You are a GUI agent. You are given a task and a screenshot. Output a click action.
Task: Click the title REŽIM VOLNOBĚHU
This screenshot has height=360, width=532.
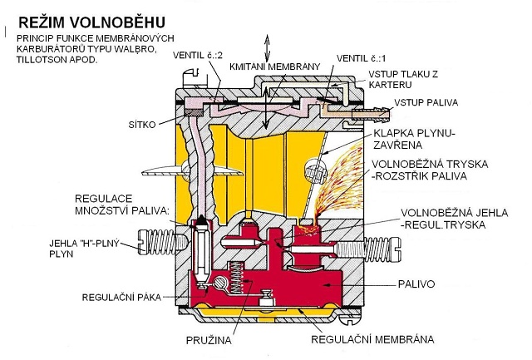pyautogui.click(x=92, y=22)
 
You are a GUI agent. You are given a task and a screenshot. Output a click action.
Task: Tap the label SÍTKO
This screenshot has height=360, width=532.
pyautogui.click(x=142, y=125)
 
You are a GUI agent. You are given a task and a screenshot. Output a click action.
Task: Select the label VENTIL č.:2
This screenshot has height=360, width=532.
pyautogui.click(x=198, y=56)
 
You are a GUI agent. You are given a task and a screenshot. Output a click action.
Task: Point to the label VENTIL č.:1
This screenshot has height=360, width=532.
pyautogui.click(x=361, y=58)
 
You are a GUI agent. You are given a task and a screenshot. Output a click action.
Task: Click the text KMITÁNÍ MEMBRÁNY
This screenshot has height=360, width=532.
pyautogui.click(x=275, y=67)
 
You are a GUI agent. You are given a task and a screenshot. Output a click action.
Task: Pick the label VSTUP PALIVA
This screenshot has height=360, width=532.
pyautogui.click(x=426, y=102)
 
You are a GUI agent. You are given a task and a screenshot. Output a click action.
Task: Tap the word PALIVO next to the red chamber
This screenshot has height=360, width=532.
pyautogui.click(x=416, y=284)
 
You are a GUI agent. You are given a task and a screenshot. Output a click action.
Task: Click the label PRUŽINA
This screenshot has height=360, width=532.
pyautogui.click(x=209, y=340)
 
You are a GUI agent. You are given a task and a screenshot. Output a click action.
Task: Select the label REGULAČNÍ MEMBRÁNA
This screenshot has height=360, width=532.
pyautogui.click(x=372, y=339)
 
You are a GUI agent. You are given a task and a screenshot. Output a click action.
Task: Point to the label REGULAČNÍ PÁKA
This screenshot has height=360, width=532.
pyautogui.click(x=121, y=298)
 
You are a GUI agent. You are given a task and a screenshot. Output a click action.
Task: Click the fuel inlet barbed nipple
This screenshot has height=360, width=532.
pyautogui.click(x=372, y=113)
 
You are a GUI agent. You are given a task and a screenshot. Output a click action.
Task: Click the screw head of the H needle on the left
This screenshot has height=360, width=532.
pyautogui.click(x=142, y=242)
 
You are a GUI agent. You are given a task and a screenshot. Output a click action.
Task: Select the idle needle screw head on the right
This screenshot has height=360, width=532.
pyautogui.click(x=396, y=249)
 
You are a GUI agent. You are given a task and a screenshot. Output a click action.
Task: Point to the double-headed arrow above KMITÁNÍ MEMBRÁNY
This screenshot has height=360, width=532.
pyautogui.click(x=268, y=47)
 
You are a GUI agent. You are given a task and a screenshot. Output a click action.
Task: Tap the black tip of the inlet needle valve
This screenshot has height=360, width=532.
pyautogui.click(x=201, y=221)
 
